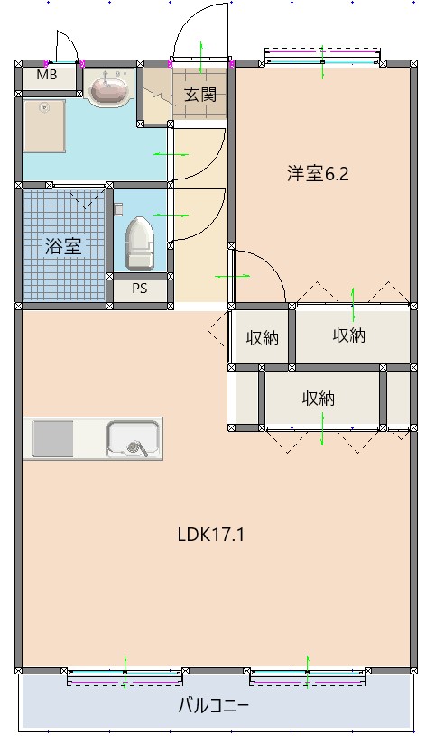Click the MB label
pyautogui.click(x=47, y=76)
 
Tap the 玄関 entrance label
pyautogui.click(x=200, y=94)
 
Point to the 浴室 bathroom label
pyautogui.click(x=64, y=245)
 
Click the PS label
pyautogui.click(x=139, y=289)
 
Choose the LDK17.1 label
pyautogui.click(x=211, y=534)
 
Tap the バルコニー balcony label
pyautogui.click(x=213, y=705)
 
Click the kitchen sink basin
pyautogui.click(x=133, y=439)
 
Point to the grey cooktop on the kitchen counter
pyautogui.click(x=53, y=439)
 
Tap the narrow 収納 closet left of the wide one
pyautogui.click(x=262, y=338)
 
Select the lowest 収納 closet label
pyautogui.click(x=319, y=398)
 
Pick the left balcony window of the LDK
pyautogui.click(x=125, y=675)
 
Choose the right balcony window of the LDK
pyautogui.click(x=308, y=675)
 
